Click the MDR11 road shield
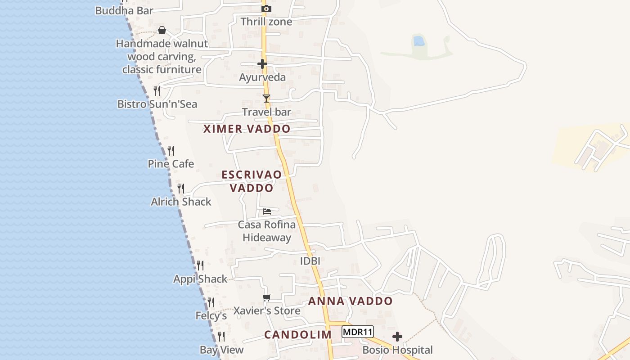pyautogui.click(x=358, y=332)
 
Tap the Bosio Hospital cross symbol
pyautogui.click(x=397, y=337)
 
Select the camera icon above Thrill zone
pyautogui.click(x=266, y=9)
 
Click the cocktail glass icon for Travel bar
pyautogui.click(x=266, y=98)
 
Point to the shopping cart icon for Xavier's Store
pyautogui.click(x=267, y=297)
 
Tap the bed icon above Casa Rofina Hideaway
pyautogui.click(x=267, y=211)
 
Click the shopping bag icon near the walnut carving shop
pyautogui.click(x=162, y=30)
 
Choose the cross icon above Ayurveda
pyautogui.click(x=262, y=64)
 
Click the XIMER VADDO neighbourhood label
pyautogui.click(x=247, y=129)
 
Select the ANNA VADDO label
pyautogui.click(x=351, y=301)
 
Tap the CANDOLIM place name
pyautogui.click(x=298, y=335)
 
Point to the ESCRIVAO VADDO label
pyautogui.click(x=252, y=181)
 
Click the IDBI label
pyautogui.click(x=310, y=261)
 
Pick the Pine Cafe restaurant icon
pyautogui.click(x=171, y=151)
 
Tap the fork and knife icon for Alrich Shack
pyautogui.click(x=181, y=188)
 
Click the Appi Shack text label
pyautogui.click(x=200, y=279)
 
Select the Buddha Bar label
pyautogui.click(x=124, y=10)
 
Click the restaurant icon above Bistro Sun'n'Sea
pyautogui.click(x=157, y=91)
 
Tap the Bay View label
pyautogui.click(x=221, y=350)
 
